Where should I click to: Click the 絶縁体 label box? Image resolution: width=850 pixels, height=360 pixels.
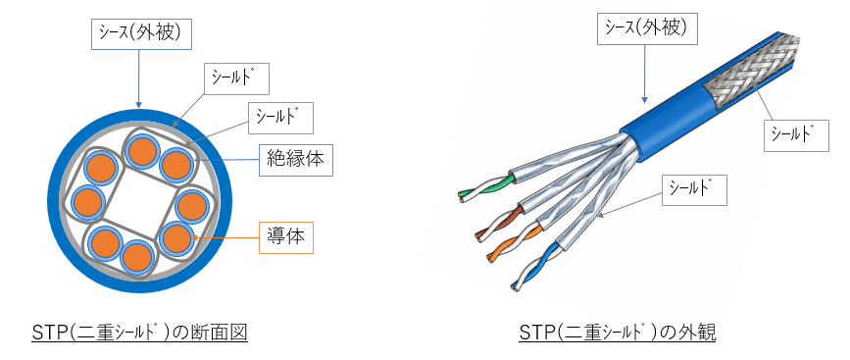tap(296, 160)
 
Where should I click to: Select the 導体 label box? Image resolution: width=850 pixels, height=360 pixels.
tap(286, 237)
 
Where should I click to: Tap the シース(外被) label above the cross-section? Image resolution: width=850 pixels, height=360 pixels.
tap(139, 34)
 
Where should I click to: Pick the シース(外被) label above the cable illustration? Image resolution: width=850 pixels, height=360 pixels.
tap(647, 28)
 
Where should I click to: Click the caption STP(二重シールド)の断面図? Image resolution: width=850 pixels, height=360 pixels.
tap(140, 332)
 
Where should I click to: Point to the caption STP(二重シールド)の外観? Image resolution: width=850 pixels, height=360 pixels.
tap(617, 332)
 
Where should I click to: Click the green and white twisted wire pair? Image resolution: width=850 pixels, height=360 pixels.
tap(485, 187)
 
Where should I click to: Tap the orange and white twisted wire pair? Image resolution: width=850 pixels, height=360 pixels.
tap(514, 243)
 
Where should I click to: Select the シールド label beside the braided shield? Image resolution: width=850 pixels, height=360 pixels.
tap(796, 135)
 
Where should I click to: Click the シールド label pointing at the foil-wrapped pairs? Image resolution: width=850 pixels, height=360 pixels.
tap(694, 189)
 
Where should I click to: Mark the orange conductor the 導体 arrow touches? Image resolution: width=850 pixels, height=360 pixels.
tap(177, 238)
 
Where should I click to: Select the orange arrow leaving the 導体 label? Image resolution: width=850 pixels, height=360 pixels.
tap(226, 237)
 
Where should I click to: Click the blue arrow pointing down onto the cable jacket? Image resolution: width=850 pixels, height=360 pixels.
tap(645, 74)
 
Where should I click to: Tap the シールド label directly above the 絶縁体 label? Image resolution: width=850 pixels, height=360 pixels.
tap(280, 119)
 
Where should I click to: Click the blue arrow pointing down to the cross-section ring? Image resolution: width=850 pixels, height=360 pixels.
tap(139, 78)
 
